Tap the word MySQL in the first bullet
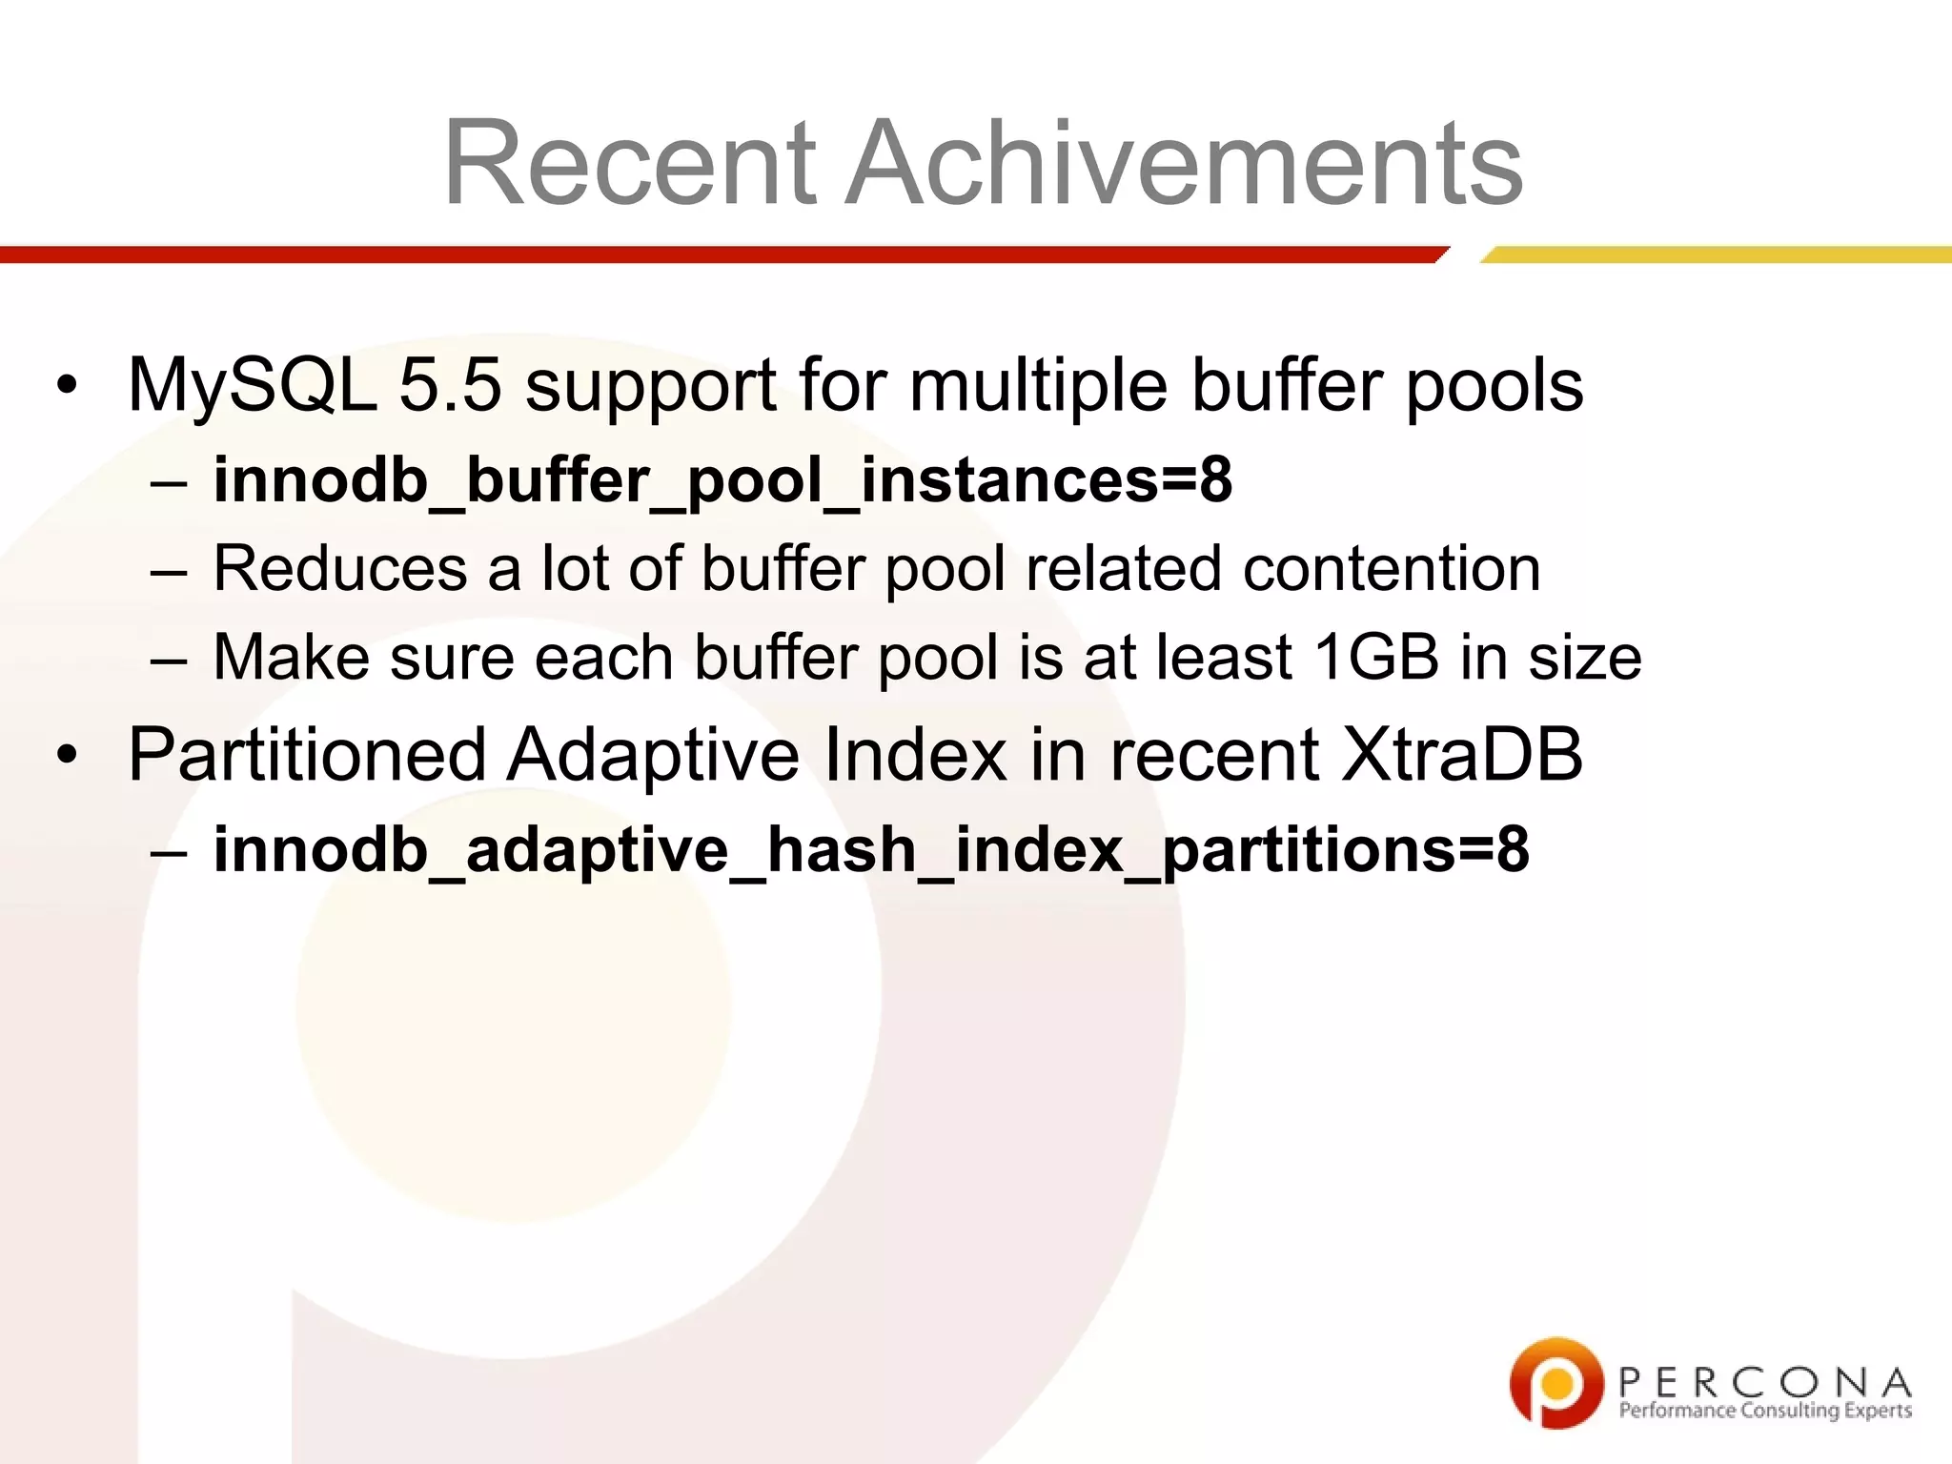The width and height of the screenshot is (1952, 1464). (253, 385)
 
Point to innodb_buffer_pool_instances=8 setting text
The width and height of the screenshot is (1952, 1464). (722, 479)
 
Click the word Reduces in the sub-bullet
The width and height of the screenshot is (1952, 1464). (339, 569)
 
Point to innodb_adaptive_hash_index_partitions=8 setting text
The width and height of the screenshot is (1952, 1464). (870, 849)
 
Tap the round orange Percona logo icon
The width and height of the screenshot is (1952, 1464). (1555, 1382)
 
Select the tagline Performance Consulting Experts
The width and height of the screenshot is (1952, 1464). (1765, 1411)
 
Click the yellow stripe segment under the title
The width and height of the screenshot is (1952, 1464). (1716, 254)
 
